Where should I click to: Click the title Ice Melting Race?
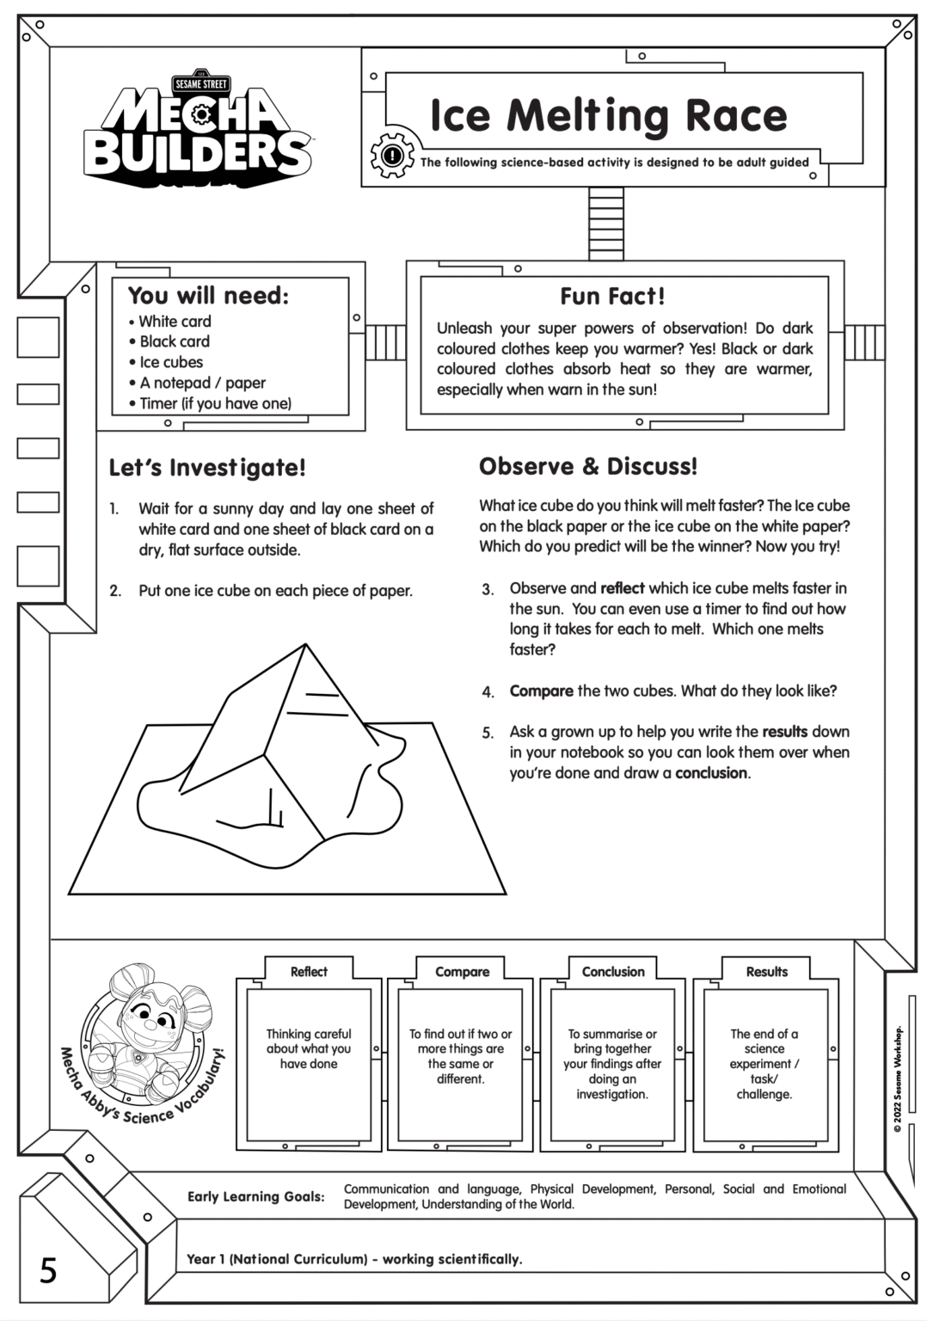[x=608, y=115]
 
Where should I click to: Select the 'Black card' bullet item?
[x=175, y=341]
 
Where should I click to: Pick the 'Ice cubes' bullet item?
[x=171, y=362]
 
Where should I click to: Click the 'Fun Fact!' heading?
[x=612, y=297]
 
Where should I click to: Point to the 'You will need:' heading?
[x=208, y=296]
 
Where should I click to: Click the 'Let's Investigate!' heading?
[x=207, y=468]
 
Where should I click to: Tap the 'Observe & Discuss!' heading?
[x=588, y=466]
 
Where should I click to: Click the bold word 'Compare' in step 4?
[x=541, y=691]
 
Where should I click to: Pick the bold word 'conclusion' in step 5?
[x=711, y=772]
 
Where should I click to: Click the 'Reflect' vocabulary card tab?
[x=309, y=972]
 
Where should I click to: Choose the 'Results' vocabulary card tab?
[x=766, y=972]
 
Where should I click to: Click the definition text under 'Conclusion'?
[x=612, y=1064]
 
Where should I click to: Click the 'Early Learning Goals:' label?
[x=256, y=1196]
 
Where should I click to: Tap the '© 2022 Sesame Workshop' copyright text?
[x=899, y=1078]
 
